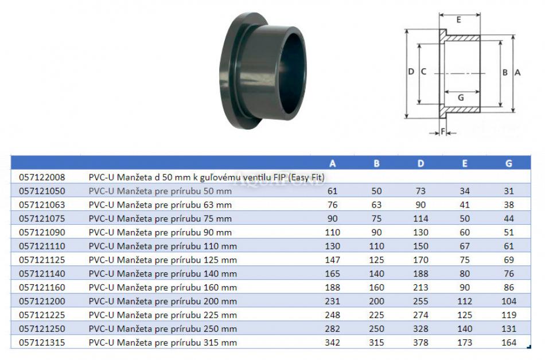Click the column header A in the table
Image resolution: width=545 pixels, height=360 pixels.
(333, 163)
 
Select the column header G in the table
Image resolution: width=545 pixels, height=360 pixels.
(509, 163)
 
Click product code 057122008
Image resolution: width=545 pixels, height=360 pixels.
(42, 177)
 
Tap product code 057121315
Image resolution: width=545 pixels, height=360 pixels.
(42, 342)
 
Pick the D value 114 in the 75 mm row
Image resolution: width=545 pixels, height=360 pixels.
(421, 218)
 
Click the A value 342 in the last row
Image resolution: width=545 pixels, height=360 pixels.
(333, 342)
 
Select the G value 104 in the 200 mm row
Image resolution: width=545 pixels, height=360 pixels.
(509, 301)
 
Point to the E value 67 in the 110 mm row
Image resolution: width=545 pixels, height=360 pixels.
(465, 246)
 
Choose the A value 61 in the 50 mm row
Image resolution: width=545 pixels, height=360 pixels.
(333, 191)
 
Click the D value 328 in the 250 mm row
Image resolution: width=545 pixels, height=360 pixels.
(421, 328)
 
